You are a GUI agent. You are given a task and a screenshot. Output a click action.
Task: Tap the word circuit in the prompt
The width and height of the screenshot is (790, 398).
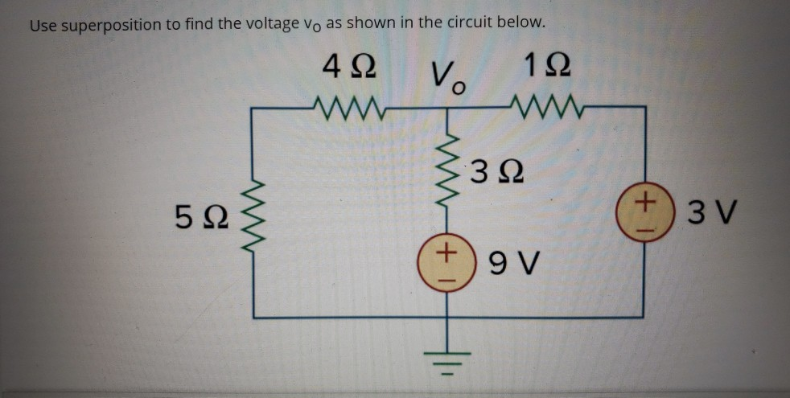(456, 24)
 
